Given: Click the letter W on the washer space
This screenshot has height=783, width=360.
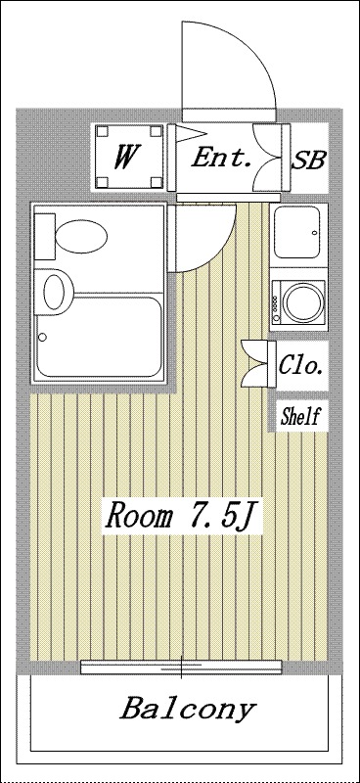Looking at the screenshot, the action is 127,156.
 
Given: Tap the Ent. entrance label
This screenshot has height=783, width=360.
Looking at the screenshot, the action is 221,159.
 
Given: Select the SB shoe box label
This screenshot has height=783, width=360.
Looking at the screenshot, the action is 308,160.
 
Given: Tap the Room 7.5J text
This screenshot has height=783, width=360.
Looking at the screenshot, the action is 182,517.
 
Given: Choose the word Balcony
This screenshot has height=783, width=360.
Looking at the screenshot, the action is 188,709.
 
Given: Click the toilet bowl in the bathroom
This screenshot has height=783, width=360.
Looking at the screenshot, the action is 81,236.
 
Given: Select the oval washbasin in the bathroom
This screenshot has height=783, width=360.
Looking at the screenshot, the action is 54,292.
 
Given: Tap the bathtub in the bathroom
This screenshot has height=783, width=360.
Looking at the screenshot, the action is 99,337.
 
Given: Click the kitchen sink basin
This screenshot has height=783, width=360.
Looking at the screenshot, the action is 296,232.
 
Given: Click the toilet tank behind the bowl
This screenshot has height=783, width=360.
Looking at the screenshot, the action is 44,236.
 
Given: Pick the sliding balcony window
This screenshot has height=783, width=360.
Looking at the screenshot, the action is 181,667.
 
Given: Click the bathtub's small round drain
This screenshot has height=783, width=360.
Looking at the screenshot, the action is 42,337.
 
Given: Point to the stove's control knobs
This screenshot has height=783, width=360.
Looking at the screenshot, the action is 275,303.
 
